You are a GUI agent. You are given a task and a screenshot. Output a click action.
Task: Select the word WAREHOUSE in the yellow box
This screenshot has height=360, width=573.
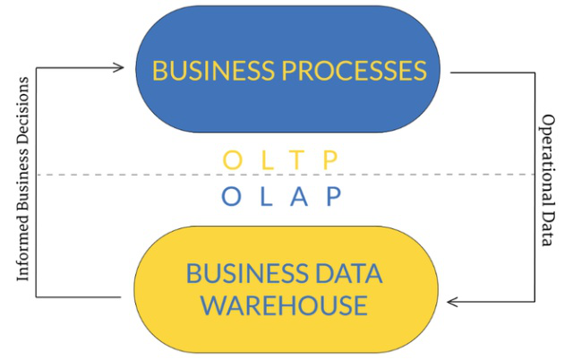click(x=284, y=304)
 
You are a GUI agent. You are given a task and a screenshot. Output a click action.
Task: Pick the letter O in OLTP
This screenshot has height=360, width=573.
click(x=232, y=160)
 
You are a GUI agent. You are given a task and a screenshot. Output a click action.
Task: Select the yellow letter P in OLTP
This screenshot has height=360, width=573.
click(x=332, y=160)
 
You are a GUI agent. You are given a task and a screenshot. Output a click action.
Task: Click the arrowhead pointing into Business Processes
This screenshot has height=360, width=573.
click(x=120, y=66)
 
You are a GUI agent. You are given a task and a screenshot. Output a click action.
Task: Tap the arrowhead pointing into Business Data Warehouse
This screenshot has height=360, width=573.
click(x=451, y=301)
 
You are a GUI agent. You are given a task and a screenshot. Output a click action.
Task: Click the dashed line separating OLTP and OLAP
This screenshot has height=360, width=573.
click(x=134, y=175)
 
